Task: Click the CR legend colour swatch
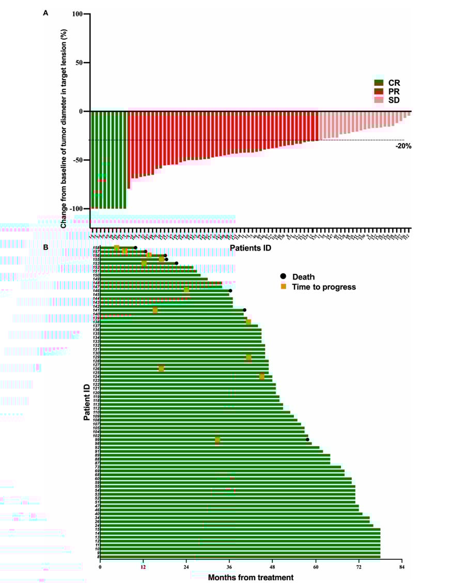pos(379,83)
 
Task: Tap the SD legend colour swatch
pos(379,100)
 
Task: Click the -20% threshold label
pos(403,146)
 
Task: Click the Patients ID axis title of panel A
pos(251,248)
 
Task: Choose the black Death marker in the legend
pos(283,277)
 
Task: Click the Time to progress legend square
pos(283,286)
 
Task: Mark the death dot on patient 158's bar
pos(135,248)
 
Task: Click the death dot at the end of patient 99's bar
pos(307,440)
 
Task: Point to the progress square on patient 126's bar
pos(161,369)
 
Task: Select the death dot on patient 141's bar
pos(244,310)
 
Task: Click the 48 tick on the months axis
pos(272,567)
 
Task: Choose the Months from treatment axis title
pos(251,577)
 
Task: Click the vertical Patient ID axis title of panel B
pos(87,403)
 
